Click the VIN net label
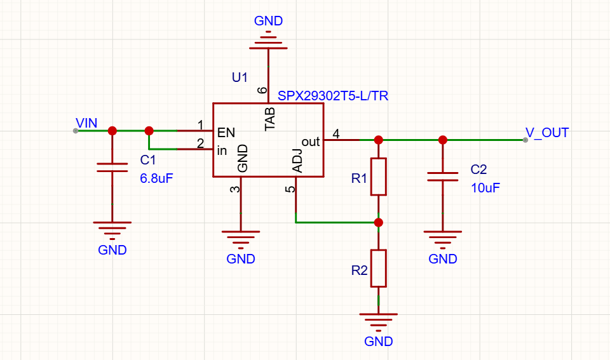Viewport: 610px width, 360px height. [86, 123]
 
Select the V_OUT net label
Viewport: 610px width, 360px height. [547, 133]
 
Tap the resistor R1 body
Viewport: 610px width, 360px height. [379, 177]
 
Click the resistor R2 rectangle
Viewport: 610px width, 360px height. [379, 268]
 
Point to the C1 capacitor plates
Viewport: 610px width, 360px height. [112, 168]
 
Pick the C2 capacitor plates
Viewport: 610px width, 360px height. [443, 177]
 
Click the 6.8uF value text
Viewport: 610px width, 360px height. [156, 178]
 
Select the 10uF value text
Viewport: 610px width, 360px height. [485, 188]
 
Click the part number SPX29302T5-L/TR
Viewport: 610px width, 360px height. [333, 96]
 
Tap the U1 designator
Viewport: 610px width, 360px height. [240, 77]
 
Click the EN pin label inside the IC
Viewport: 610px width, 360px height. [226, 133]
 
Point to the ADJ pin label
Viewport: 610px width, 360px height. [297, 161]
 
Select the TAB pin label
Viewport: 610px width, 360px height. [270, 119]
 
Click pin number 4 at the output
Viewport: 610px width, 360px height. [336, 134]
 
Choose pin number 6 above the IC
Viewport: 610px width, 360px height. [262, 90]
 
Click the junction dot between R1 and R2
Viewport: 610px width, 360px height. [379, 222]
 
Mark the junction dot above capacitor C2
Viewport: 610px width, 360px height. [443, 140]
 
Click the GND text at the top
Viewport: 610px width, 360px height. [268, 21]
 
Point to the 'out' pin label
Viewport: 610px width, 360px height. [311, 142]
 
